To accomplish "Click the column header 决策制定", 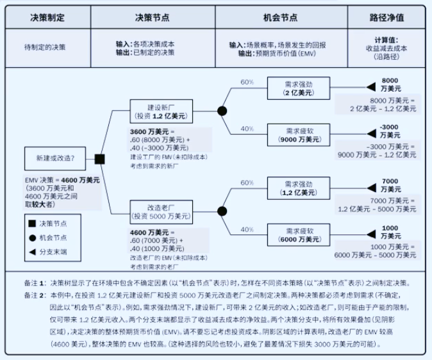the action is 47,18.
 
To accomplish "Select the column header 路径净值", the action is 386,18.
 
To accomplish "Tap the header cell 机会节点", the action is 281,18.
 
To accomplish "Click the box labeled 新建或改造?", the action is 55,158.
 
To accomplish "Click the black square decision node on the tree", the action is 100,160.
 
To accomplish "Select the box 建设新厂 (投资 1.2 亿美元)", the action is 161,111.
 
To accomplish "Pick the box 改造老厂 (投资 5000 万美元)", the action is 161,212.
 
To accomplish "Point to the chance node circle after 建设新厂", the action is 222,111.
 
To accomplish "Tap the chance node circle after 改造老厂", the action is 222,211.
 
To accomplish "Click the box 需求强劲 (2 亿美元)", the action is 299,88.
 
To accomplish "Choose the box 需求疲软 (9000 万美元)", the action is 299,135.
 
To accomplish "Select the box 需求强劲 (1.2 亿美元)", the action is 299,188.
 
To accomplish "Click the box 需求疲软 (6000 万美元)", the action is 299,235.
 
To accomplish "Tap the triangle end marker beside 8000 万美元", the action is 371,87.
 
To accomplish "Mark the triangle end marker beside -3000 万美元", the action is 371,134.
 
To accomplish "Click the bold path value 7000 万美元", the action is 391,185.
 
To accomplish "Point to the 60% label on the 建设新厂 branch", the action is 247,82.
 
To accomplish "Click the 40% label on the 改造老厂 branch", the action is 247,229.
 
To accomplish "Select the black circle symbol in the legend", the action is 33,238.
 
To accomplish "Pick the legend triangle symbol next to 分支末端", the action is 33,252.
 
